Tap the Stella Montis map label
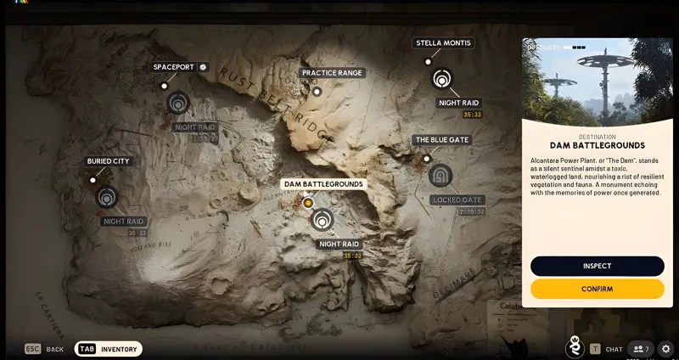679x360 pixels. [443, 42]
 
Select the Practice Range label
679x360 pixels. [332, 73]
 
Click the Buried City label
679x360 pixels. [109, 160]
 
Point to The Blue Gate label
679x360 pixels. [441, 139]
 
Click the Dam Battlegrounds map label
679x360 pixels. [323, 183]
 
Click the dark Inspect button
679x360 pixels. [597, 266]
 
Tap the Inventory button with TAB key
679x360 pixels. [109, 349]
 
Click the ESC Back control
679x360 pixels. [45, 349]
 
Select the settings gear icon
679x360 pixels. [665, 348]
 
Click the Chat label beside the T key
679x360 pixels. [614, 349]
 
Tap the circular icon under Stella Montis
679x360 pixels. [441, 79]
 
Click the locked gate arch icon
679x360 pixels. [441, 176]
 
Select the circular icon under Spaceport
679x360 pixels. [177, 103]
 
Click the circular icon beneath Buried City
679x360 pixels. [107, 197]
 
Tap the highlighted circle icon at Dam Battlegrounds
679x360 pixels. [322, 220]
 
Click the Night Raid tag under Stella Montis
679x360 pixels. [458, 103]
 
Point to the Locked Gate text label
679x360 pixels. [457, 200]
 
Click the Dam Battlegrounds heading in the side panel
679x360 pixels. [597, 145]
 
